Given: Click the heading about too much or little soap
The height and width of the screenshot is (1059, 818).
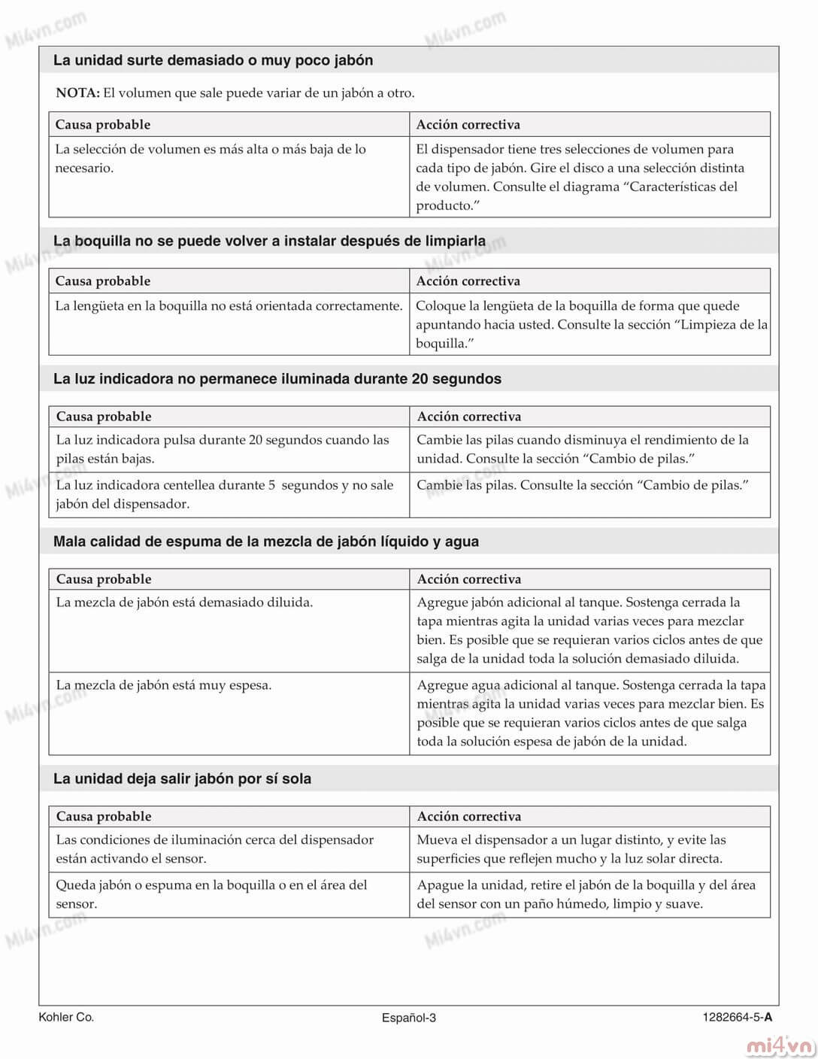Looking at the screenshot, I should tap(213, 60).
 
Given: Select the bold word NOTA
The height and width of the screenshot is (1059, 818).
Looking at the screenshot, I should tap(77, 93).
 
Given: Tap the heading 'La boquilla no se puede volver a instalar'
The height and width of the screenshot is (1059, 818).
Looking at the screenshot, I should tap(269, 241).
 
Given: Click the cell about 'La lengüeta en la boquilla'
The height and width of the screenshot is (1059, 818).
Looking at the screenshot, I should tap(229, 306).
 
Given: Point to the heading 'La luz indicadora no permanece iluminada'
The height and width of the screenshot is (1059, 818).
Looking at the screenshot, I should tap(277, 379).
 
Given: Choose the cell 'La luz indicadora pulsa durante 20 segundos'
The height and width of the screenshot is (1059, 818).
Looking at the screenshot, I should tap(223, 449).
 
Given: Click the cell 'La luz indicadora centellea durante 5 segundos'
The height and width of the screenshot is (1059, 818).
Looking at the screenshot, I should tap(224, 494).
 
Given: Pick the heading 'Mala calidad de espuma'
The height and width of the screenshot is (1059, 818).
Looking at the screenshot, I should tap(265, 542).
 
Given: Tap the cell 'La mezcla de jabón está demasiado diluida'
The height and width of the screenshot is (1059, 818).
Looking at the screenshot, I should tap(184, 602).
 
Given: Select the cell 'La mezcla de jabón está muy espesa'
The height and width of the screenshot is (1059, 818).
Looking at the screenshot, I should tap(164, 685).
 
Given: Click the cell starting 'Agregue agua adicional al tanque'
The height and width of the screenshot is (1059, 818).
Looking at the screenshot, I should tap(590, 713).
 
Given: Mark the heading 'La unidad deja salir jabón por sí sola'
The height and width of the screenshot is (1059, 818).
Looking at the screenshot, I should tap(182, 779).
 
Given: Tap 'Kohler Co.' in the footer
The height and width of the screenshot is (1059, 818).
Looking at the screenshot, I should tap(66, 1017).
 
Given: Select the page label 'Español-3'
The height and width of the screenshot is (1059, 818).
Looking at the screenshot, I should tap(408, 1018).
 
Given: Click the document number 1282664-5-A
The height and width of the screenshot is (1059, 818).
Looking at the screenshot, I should tap(737, 1018).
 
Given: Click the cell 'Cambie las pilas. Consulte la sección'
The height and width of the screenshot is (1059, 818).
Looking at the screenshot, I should tap(583, 485).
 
